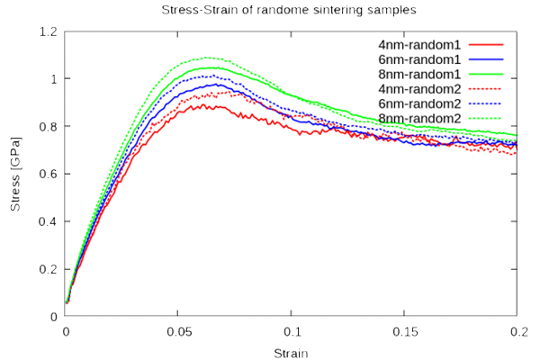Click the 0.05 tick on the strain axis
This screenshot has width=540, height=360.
tap(178, 330)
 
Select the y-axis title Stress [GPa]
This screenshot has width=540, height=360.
tap(15, 175)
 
